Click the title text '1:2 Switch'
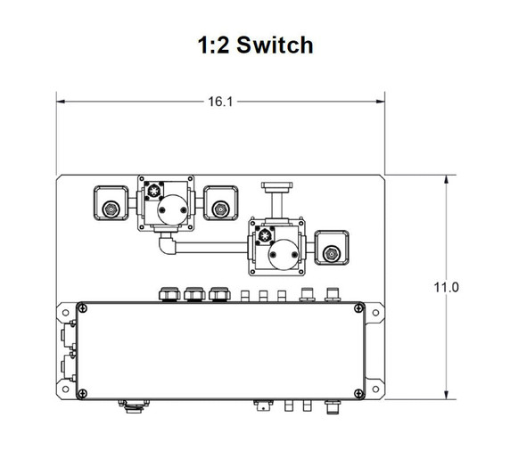click(x=255, y=45)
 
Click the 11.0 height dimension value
click(x=445, y=287)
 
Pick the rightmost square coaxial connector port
click(x=332, y=253)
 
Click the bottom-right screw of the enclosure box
click(x=358, y=394)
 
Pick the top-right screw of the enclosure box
click(x=358, y=308)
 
